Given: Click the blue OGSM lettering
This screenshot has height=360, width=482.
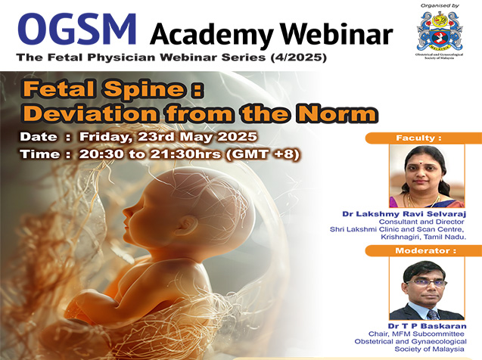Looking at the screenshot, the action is tap(77, 29).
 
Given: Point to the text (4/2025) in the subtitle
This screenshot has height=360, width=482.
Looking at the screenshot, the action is tap(298, 57).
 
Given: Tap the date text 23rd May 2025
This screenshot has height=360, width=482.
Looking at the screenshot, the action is tap(197, 136).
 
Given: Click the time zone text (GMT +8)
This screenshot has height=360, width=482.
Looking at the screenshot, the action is tap(263, 154).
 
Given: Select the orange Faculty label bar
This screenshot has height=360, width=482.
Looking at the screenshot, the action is tap(424, 138).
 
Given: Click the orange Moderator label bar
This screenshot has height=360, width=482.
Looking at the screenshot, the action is tap(424, 250).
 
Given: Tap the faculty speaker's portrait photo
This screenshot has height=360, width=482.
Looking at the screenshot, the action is tap(427, 176).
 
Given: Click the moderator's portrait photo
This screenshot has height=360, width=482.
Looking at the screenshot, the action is tap(427, 289).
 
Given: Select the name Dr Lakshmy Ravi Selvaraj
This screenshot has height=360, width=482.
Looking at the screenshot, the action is tap(404, 214).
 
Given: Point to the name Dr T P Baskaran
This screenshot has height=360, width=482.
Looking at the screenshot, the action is tap(427, 326).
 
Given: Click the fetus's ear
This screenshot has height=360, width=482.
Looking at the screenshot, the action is tap(188, 226).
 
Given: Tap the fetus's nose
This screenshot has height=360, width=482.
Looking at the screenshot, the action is tap(126, 212).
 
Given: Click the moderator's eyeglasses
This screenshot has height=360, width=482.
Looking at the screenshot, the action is tap(426, 283).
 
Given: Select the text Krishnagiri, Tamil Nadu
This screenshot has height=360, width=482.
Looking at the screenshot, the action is tap(423, 237).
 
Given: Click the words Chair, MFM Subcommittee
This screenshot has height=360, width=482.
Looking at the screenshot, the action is tap(416, 334).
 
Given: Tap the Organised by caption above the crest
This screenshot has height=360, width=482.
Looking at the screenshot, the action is tap(440, 5).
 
